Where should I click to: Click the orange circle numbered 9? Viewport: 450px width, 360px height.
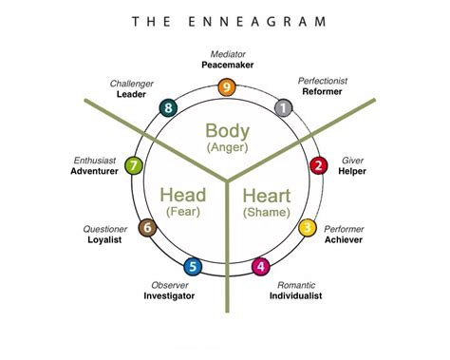(x=226, y=87)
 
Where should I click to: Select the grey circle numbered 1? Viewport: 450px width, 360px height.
(x=283, y=107)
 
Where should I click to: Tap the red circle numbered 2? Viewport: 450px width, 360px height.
(x=319, y=166)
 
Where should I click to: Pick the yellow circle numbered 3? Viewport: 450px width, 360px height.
(x=308, y=228)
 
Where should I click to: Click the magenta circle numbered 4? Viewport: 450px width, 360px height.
(x=261, y=267)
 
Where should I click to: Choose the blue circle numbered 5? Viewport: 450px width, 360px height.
(x=193, y=267)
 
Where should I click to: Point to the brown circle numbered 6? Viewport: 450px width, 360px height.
(x=146, y=228)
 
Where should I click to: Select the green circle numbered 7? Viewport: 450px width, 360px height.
(x=135, y=167)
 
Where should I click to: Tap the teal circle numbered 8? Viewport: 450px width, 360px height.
(x=169, y=107)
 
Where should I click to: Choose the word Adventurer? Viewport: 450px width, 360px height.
(x=94, y=172)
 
